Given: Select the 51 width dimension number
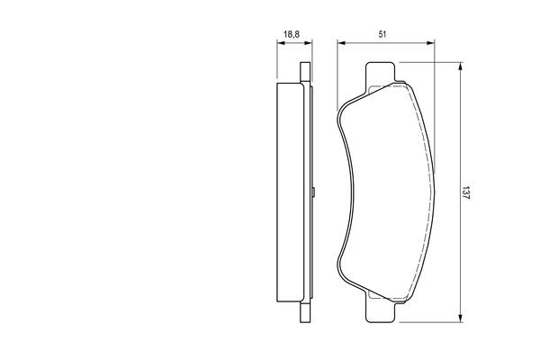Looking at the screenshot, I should coord(382,33).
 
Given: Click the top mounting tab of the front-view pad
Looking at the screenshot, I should coord(380,74).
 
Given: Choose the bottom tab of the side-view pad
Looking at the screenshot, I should coord(303,312).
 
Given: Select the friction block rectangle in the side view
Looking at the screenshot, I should coord(288,192).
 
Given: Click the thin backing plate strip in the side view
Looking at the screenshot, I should coord(305,192).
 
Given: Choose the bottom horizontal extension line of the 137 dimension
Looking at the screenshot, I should coord(432,320).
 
